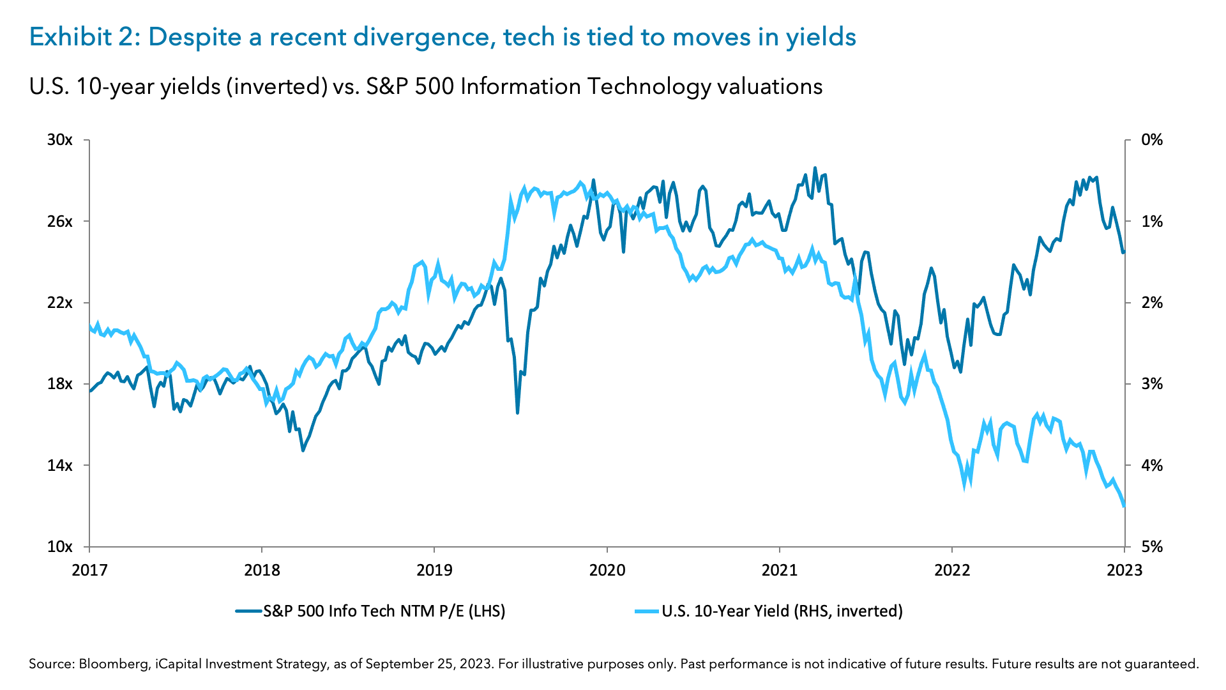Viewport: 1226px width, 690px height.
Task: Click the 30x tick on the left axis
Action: click(x=60, y=140)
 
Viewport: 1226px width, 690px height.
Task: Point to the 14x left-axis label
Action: click(x=60, y=465)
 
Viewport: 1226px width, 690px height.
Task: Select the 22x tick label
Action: click(x=60, y=302)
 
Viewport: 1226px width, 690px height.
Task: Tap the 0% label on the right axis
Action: click(x=1152, y=140)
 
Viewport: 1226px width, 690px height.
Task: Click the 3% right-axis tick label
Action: click(x=1152, y=384)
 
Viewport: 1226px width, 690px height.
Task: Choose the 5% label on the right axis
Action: click(x=1152, y=547)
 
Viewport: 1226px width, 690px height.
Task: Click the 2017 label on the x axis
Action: click(x=89, y=570)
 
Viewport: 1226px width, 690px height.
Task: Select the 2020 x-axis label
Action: click(x=607, y=570)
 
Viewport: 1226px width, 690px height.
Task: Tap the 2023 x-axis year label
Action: click(x=1124, y=570)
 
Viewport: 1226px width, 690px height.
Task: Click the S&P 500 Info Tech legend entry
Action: click(x=383, y=611)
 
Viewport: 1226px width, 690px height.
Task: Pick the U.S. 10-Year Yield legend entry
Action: click(x=782, y=611)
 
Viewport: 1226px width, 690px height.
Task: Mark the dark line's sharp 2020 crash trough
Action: click(x=518, y=413)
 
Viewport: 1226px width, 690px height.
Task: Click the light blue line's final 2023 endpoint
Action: click(x=1124, y=507)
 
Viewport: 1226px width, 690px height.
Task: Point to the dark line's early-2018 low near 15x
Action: click(x=303, y=450)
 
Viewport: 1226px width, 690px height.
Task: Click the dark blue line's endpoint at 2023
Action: click(x=1124, y=252)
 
